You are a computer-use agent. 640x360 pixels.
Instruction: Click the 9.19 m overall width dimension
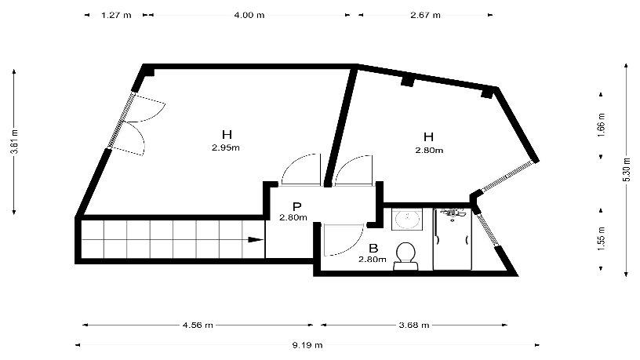(x=307, y=345)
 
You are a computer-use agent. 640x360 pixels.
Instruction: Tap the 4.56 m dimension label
(x=198, y=325)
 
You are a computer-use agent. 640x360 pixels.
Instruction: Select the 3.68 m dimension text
(x=414, y=325)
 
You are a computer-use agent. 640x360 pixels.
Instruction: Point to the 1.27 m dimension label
(x=116, y=16)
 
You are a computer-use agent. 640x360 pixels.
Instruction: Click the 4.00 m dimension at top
(x=249, y=16)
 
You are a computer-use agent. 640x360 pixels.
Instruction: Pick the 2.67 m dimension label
(x=425, y=16)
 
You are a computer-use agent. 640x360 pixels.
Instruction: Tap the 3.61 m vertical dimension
(x=15, y=142)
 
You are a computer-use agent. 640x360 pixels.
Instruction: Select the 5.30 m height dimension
(x=627, y=169)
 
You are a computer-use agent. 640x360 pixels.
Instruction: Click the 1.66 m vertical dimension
(x=602, y=125)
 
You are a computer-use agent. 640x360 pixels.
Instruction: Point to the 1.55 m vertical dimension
(x=602, y=238)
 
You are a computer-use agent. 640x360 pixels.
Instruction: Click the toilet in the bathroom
(x=405, y=256)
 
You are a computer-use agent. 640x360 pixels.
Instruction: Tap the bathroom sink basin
(x=407, y=220)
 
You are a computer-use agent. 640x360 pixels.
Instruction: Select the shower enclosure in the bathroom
(x=453, y=239)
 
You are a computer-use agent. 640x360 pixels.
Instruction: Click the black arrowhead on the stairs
(x=256, y=239)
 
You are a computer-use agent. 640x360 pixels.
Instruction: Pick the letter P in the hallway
(x=296, y=207)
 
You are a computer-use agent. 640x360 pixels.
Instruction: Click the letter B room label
(x=373, y=248)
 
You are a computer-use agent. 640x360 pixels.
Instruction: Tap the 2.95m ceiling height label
(x=226, y=147)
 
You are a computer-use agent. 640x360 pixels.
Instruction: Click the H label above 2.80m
(x=428, y=136)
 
